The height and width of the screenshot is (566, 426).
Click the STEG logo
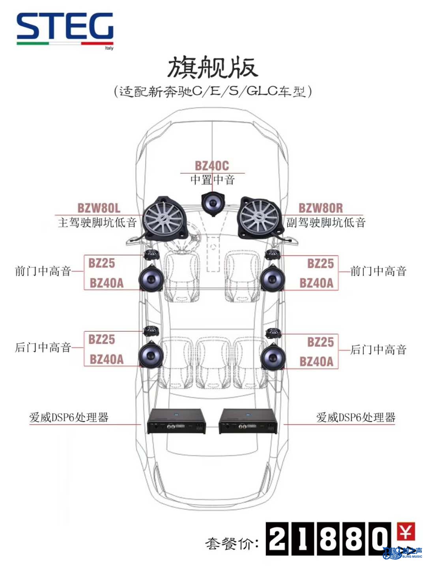[x=65, y=30]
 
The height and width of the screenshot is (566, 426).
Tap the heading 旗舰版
[x=213, y=68]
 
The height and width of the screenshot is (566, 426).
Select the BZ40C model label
[x=212, y=166]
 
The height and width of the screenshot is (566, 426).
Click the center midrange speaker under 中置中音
[x=213, y=204]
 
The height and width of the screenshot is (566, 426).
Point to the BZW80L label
[x=99, y=208]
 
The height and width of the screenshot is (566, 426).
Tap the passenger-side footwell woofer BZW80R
[x=260, y=218]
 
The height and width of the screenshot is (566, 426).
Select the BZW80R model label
[x=321, y=208]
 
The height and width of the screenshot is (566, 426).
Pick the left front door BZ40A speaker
[x=151, y=278]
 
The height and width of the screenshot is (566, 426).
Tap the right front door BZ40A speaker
[x=273, y=278]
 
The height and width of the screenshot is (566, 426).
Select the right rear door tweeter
[x=273, y=333]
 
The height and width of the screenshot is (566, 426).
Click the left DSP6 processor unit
[x=176, y=421]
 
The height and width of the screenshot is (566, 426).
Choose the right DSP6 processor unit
[x=248, y=421]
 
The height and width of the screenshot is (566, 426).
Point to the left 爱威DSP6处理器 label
[x=69, y=417]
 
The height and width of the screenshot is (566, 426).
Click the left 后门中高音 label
[x=43, y=347]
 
